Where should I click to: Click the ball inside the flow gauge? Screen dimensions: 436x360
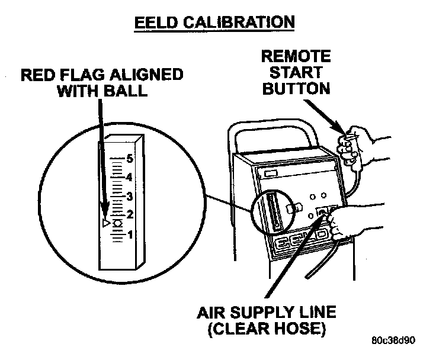[x=117, y=223]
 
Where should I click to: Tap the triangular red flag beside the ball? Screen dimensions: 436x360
[x=105, y=223]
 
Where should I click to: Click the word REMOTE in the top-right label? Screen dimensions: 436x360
[x=296, y=57]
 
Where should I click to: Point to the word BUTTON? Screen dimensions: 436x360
[x=296, y=89]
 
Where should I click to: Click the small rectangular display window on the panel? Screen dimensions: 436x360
[x=272, y=173]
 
